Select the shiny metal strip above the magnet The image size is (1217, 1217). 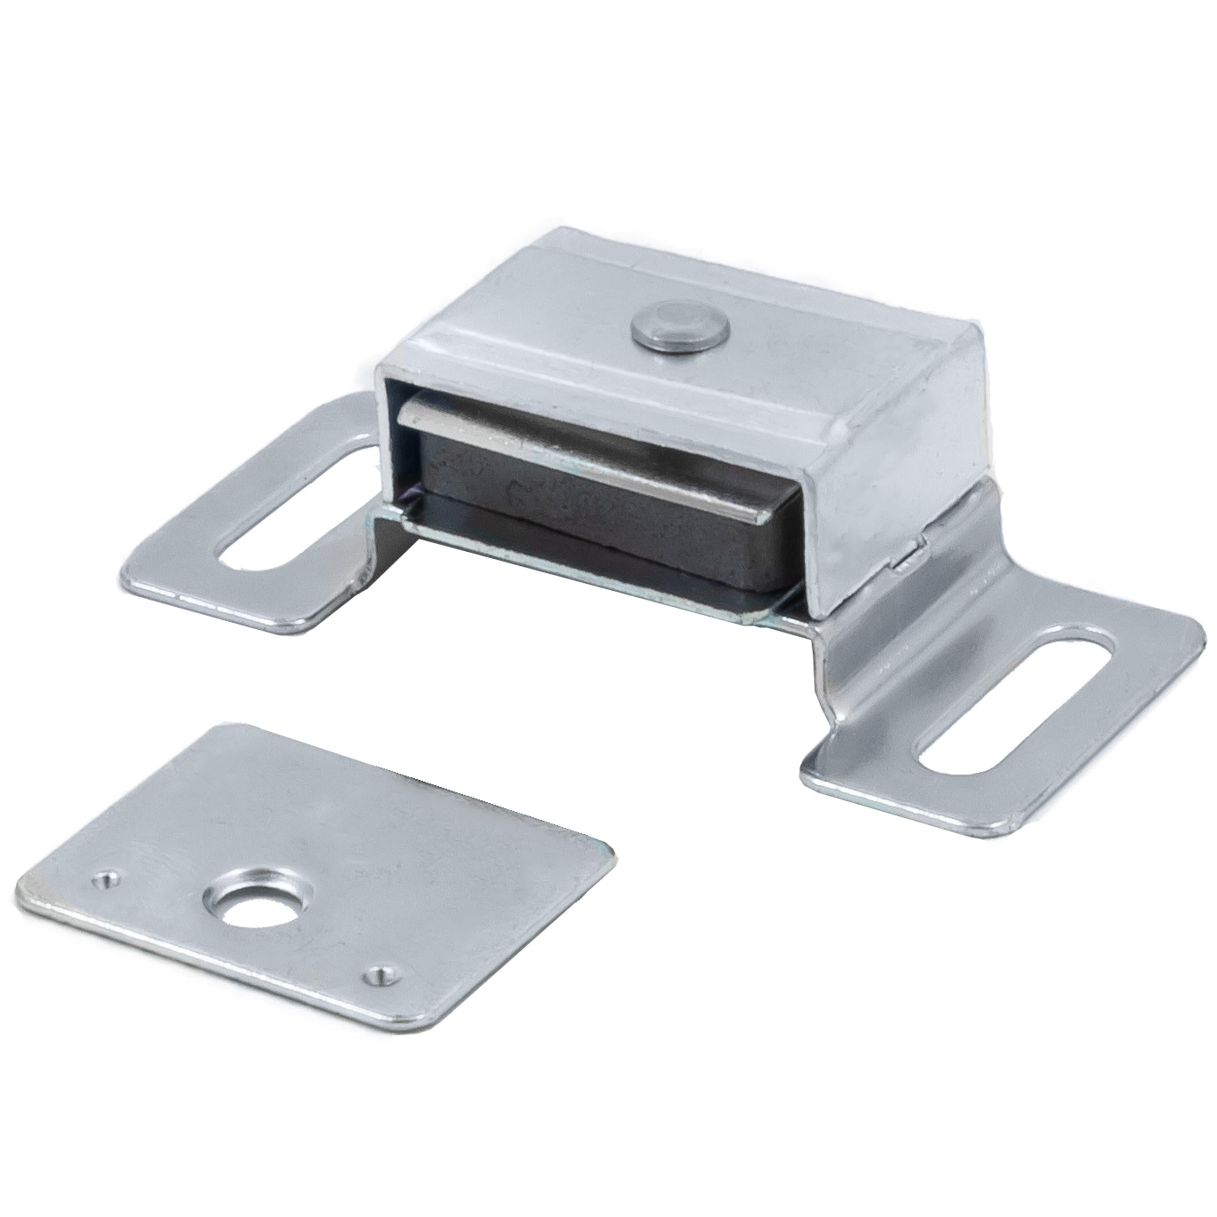(x=567, y=435)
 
